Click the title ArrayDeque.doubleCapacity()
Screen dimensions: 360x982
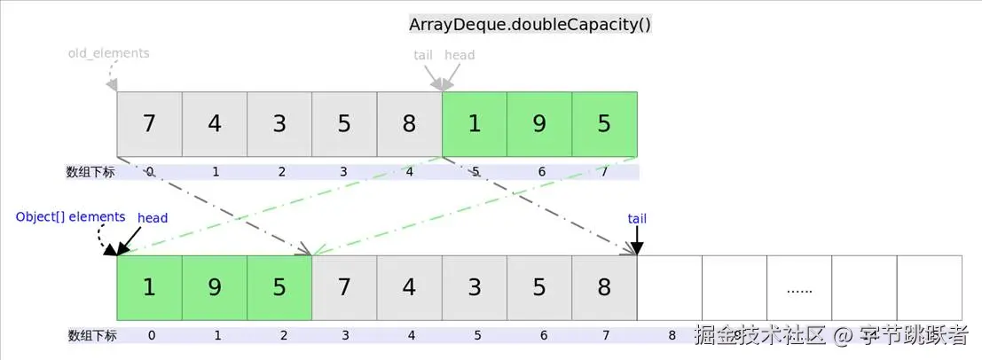[530, 24]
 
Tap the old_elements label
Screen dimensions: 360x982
[109, 53]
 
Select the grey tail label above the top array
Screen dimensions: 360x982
[423, 55]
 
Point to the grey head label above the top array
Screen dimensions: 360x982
[460, 55]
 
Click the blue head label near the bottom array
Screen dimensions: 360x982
[153, 217]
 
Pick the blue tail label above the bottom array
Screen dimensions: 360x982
[637, 218]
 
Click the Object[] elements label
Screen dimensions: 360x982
[71, 217]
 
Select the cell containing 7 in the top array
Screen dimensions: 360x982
[149, 123]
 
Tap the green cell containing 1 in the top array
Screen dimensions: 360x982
[475, 123]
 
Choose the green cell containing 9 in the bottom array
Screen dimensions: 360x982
[215, 288]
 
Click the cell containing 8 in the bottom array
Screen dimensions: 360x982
[604, 288]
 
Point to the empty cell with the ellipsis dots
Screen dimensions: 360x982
[799, 288]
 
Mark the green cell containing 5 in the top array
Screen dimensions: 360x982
[604, 123]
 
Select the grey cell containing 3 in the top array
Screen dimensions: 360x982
[279, 123]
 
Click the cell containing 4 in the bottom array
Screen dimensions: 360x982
[409, 288]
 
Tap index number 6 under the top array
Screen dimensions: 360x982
[540, 172]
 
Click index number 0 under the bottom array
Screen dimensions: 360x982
[151, 336]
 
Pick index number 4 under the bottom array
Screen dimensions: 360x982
[411, 336]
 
